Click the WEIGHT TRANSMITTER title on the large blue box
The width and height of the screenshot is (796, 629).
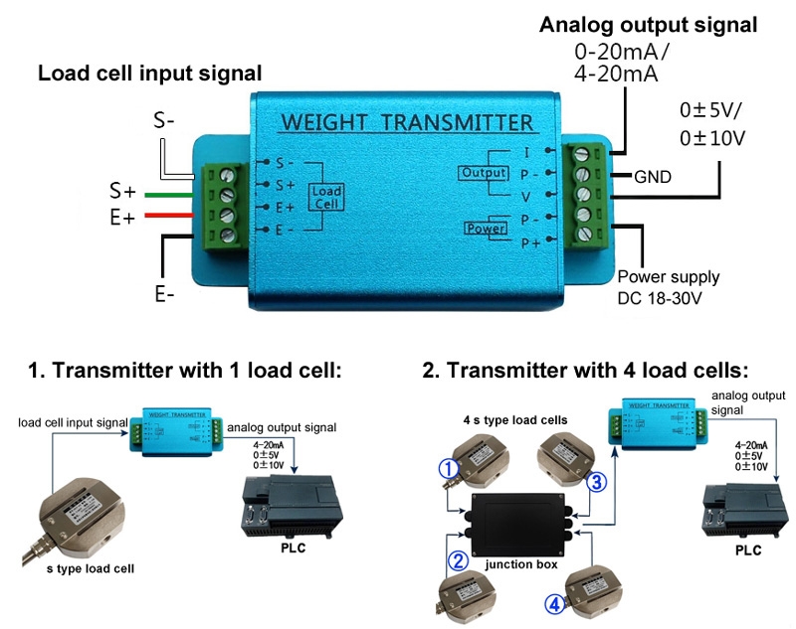point(407,122)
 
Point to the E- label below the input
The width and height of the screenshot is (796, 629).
point(165,294)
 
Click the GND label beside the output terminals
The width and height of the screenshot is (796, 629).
point(653,178)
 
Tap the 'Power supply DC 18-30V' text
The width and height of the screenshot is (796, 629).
point(668,286)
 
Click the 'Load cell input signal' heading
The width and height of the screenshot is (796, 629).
point(149,73)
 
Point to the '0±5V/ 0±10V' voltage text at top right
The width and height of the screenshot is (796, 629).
point(711,124)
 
